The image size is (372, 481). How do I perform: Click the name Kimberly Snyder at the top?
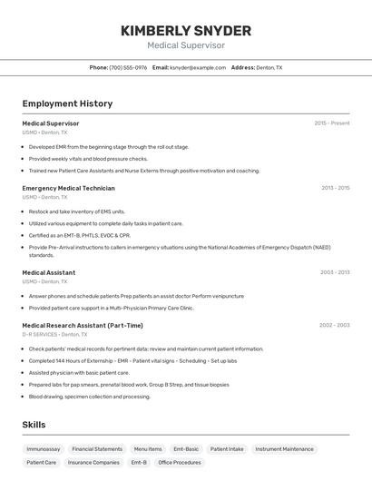pos(186,30)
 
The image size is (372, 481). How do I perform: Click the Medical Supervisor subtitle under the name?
pos(186,45)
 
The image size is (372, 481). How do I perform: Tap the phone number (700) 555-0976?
pos(128,67)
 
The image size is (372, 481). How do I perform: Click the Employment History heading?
pos(67,103)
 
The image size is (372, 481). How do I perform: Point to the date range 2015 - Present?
pos(331,123)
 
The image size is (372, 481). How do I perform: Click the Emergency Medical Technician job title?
pos(68,188)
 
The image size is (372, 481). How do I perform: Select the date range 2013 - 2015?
pos(335,188)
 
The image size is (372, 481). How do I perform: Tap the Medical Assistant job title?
pos(48,272)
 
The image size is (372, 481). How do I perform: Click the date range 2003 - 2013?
pos(335,272)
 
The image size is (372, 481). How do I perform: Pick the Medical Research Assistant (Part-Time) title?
pos(83,325)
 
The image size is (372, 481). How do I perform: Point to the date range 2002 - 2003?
pos(334,325)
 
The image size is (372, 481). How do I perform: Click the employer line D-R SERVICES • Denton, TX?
pos(56,334)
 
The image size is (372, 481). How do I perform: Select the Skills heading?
pos(34,425)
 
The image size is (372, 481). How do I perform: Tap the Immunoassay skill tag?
pos(44,448)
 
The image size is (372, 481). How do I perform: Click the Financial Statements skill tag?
pos(97,448)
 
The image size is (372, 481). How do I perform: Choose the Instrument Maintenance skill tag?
pos(284,448)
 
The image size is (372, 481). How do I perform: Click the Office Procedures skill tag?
pos(180,462)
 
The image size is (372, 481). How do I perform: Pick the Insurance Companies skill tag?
pos(93,462)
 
